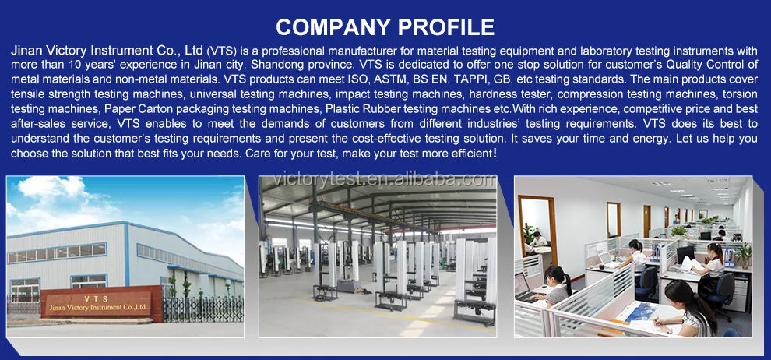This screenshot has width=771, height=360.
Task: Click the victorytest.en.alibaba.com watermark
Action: coord(385,179)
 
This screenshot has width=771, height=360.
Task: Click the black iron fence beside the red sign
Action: coord(202,309)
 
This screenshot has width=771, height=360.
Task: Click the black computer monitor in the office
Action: coord(685,255)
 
